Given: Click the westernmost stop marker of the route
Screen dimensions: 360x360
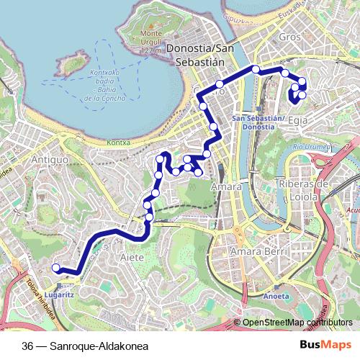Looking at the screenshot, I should [x=55, y=269].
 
